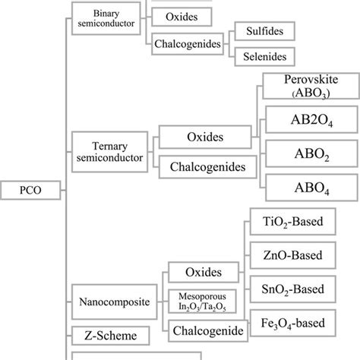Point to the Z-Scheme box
click(x=99, y=333)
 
